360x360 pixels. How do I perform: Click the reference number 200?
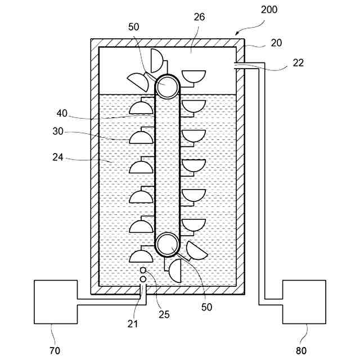pyautogui.click(x=269, y=10)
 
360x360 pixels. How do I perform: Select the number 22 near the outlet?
pyautogui.click(x=298, y=62)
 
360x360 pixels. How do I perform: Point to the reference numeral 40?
pyautogui.click(x=62, y=113)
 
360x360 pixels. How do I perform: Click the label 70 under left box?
pyautogui.click(x=55, y=351)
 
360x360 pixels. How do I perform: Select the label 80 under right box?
pyautogui.click(x=303, y=351)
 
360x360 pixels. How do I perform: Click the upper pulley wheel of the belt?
pyautogui.click(x=167, y=87)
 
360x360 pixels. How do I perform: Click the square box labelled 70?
pyautogui.click(x=55, y=302)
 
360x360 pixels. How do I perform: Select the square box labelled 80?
pyautogui.click(x=304, y=302)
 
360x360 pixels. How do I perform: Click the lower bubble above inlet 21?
pyautogui.click(x=143, y=280)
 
